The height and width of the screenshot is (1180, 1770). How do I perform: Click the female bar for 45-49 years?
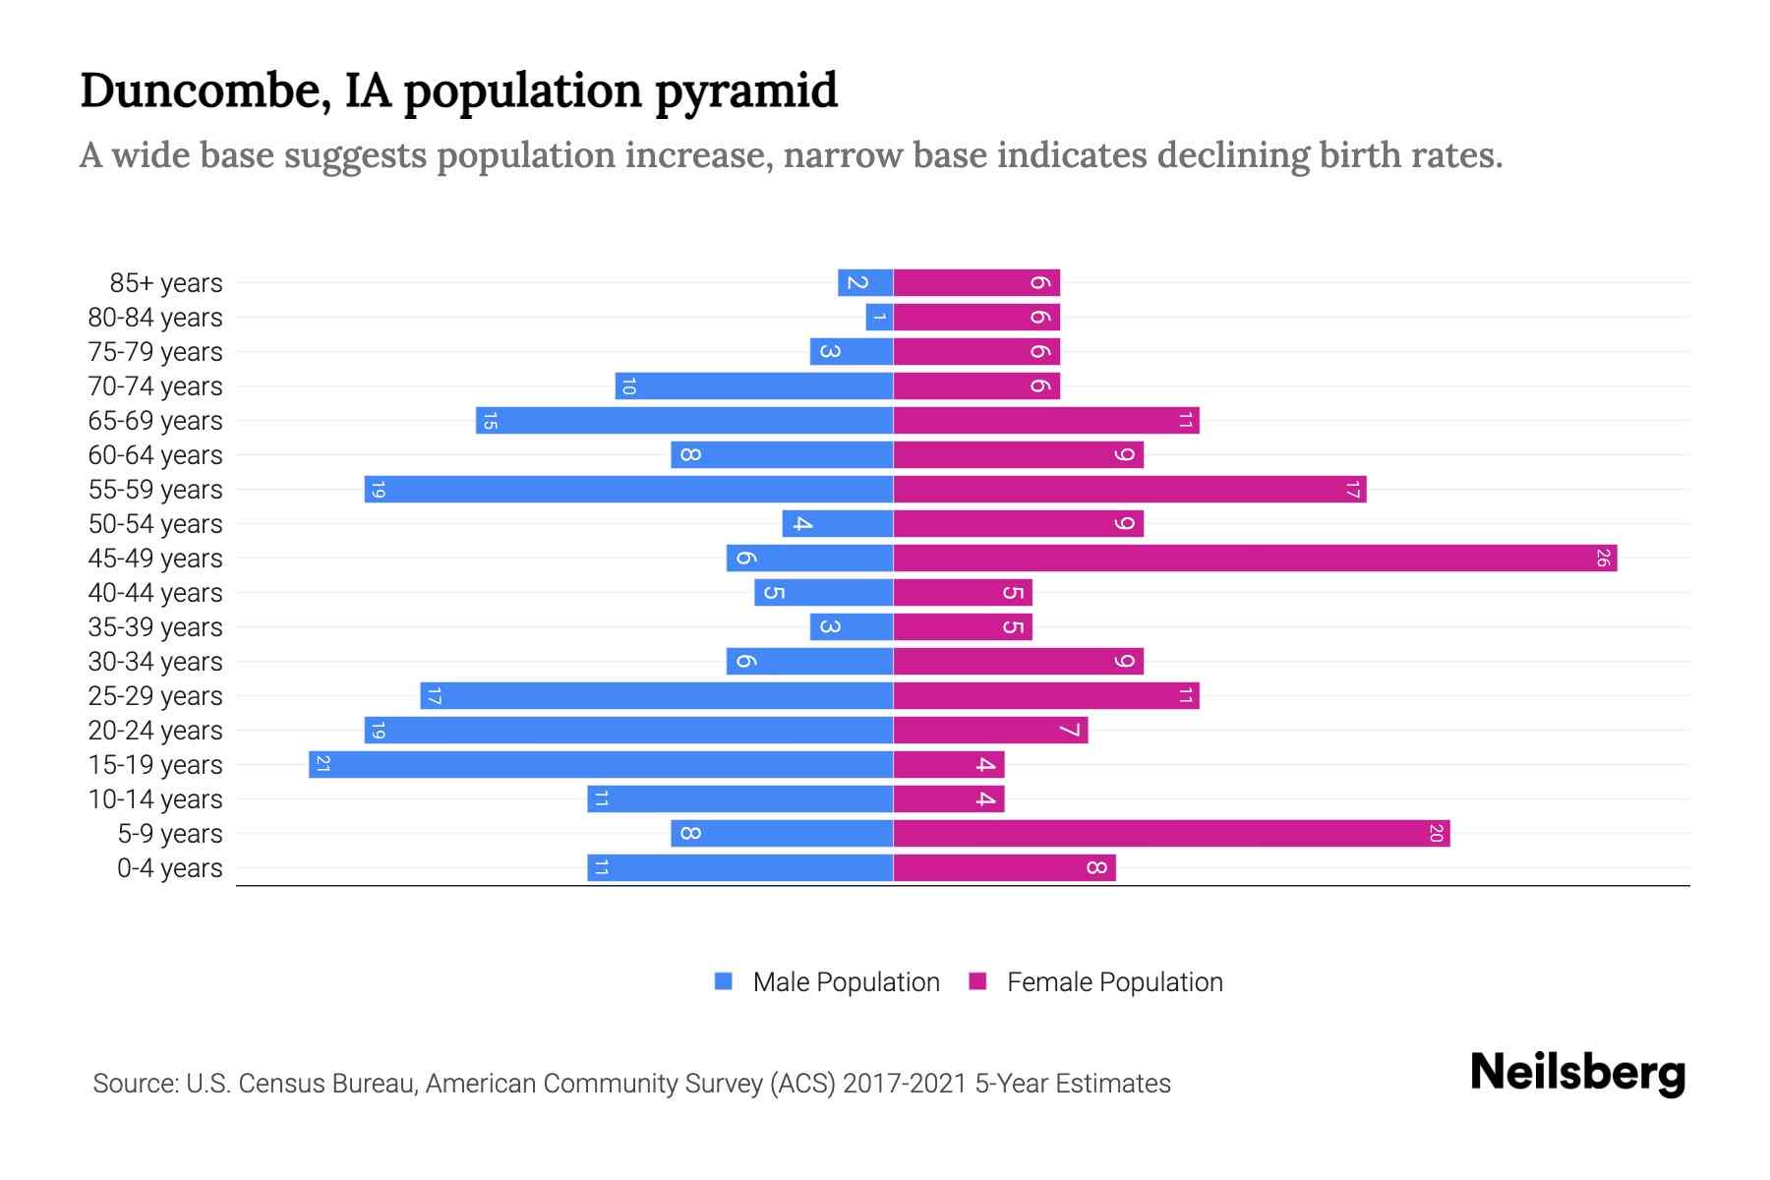[x=1254, y=559]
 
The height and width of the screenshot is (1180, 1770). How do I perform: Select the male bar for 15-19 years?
[x=600, y=765]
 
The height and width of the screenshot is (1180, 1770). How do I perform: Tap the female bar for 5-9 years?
[x=1170, y=834]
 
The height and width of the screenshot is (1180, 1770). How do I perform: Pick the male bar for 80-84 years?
[x=879, y=318]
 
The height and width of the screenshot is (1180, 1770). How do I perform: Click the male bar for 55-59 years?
[x=629, y=490]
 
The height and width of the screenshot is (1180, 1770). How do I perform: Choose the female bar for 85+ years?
[x=975, y=283]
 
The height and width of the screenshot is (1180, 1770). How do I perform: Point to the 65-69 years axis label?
[x=155, y=421]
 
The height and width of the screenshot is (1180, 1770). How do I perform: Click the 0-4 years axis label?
[x=169, y=868]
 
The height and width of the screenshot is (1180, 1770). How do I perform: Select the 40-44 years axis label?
[x=155, y=593]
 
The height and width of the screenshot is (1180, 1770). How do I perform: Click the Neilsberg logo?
[x=1577, y=1073]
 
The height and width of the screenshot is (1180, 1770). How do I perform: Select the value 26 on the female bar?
[x=1602, y=559]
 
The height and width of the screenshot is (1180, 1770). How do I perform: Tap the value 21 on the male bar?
[x=323, y=765]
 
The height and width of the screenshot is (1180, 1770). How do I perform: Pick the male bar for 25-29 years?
[x=656, y=696]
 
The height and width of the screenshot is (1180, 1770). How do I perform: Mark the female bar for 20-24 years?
[x=989, y=731]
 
